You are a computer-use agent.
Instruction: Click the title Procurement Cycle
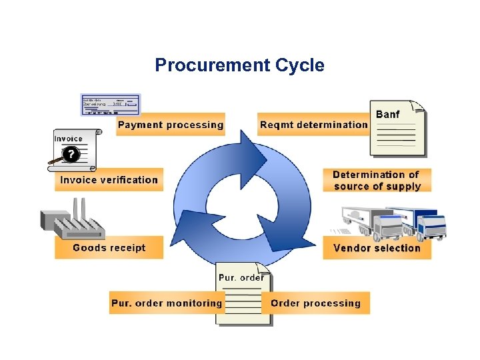(x=239, y=65)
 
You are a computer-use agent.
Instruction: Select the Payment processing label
(x=170, y=125)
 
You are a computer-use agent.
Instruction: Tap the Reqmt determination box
(x=313, y=125)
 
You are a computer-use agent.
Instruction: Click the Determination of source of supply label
(x=377, y=180)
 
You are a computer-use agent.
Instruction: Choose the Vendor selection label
(x=377, y=248)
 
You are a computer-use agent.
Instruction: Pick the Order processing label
(x=316, y=303)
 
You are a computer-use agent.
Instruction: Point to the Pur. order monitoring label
(x=166, y=303)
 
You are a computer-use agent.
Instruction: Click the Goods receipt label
(x=109, y=248)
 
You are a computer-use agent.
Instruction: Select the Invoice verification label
(x=109, y=179)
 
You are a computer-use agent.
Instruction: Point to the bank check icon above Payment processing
(x=110, y=105)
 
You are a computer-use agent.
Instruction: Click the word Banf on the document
(x=388, y=114)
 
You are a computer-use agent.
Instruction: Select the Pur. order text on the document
(x=241, y=277)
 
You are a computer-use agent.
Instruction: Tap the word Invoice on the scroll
(x=69, y=139)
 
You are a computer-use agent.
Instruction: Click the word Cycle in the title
(x=298, y=65)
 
